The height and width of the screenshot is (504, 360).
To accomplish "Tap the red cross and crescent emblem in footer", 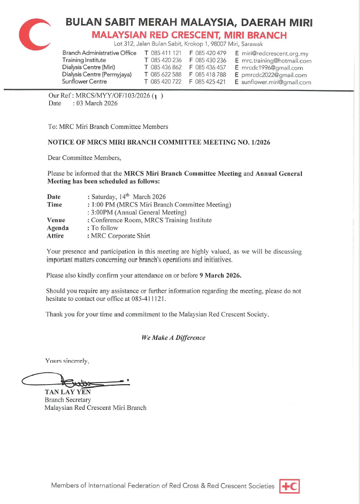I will [289, 486].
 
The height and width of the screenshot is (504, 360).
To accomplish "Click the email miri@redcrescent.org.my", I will [275, 54].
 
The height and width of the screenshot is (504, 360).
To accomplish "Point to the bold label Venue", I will [56, 220].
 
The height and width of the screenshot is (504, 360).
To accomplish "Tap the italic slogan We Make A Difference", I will [173, 338].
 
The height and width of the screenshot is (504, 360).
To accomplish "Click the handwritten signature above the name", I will [75, 381].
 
